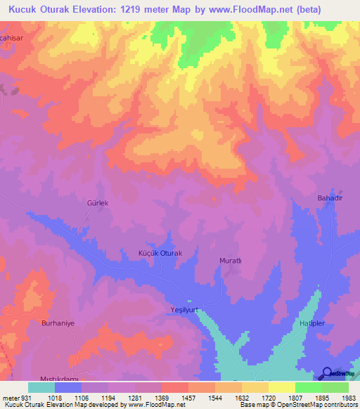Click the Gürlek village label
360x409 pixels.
pos(98,203)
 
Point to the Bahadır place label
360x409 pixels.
pos(329,200)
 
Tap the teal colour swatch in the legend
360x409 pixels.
pos(41,387)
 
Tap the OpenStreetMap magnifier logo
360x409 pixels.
pos(326,374)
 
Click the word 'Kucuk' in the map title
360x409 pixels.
pos(22,9)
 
